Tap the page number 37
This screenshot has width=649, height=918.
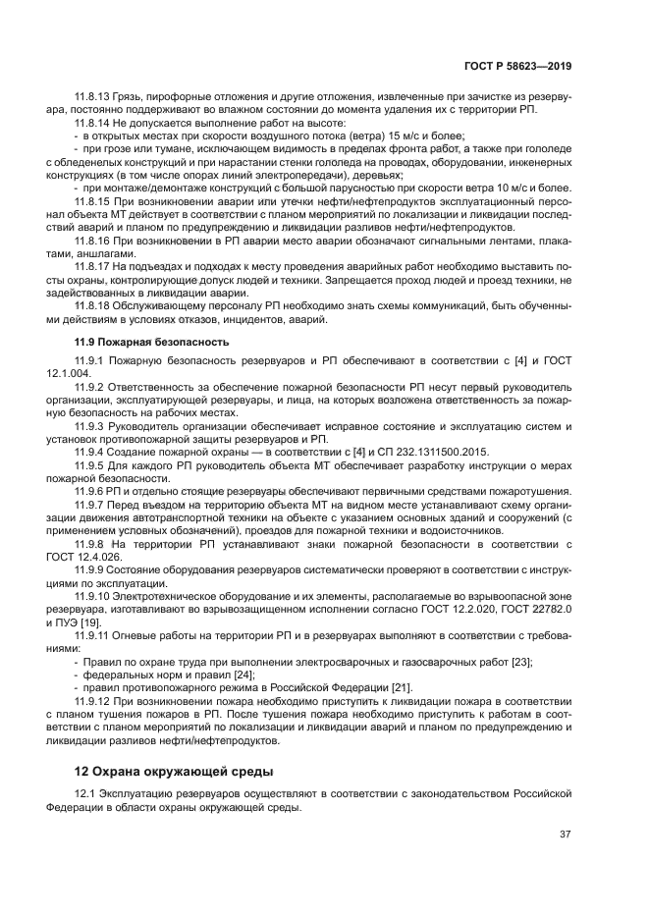pos(566,835)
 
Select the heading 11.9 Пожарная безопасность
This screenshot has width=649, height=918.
pos(152,342)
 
